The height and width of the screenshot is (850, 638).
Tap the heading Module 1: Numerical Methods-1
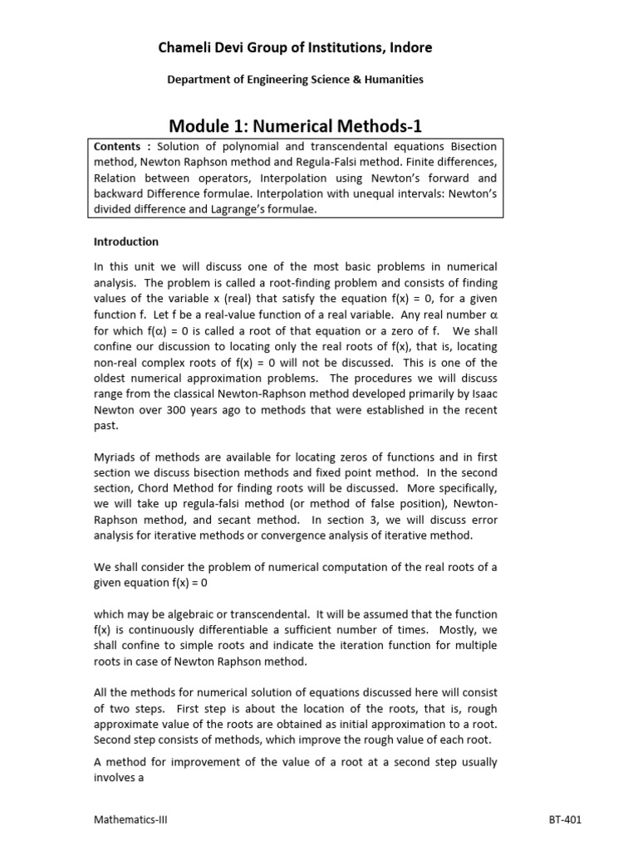click(x=296, y=126)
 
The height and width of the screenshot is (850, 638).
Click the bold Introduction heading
click(x=125, y=242)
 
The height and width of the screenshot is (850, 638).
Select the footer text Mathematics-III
click(x=130, y=819)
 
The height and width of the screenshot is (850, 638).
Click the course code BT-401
click(x=565, y=819)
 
